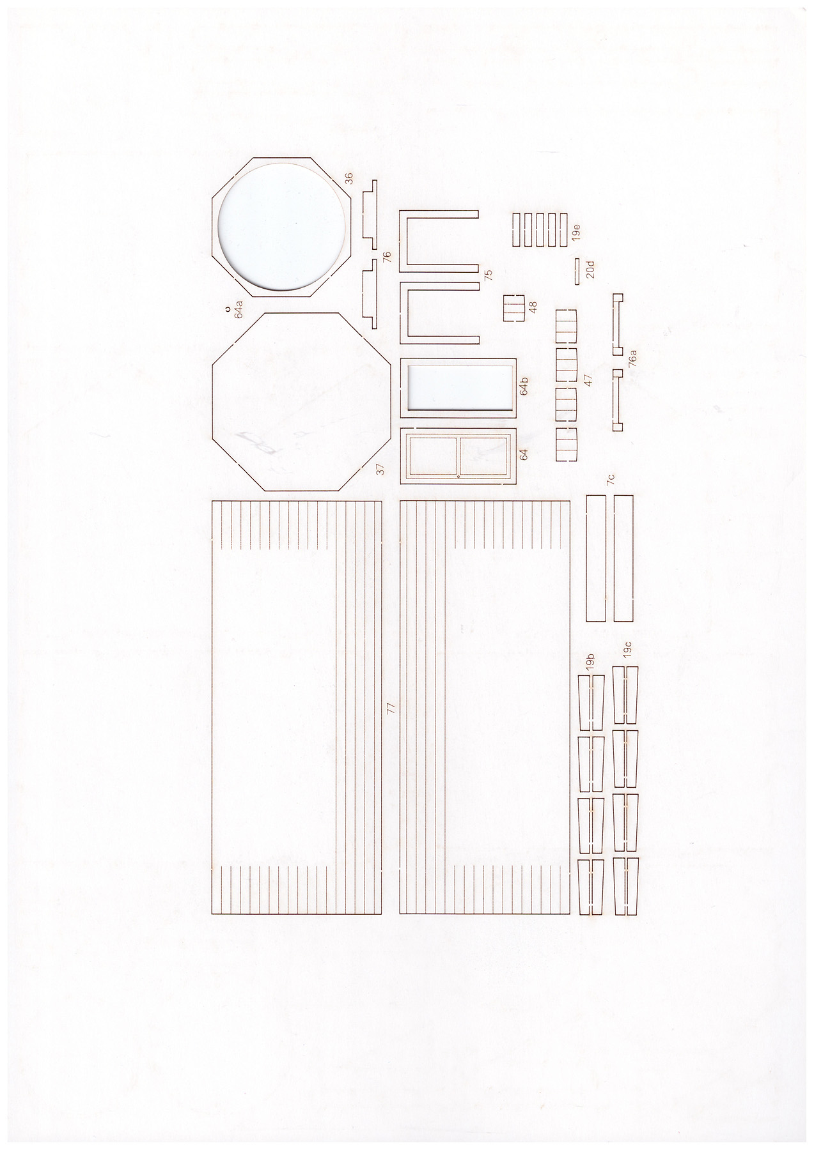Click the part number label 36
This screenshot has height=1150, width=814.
348,178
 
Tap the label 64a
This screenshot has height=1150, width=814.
239,308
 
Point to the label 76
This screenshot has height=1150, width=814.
386,257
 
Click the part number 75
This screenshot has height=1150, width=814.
489,275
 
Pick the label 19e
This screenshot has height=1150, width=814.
575,232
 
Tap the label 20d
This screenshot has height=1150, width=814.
590,269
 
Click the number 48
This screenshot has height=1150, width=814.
533,307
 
